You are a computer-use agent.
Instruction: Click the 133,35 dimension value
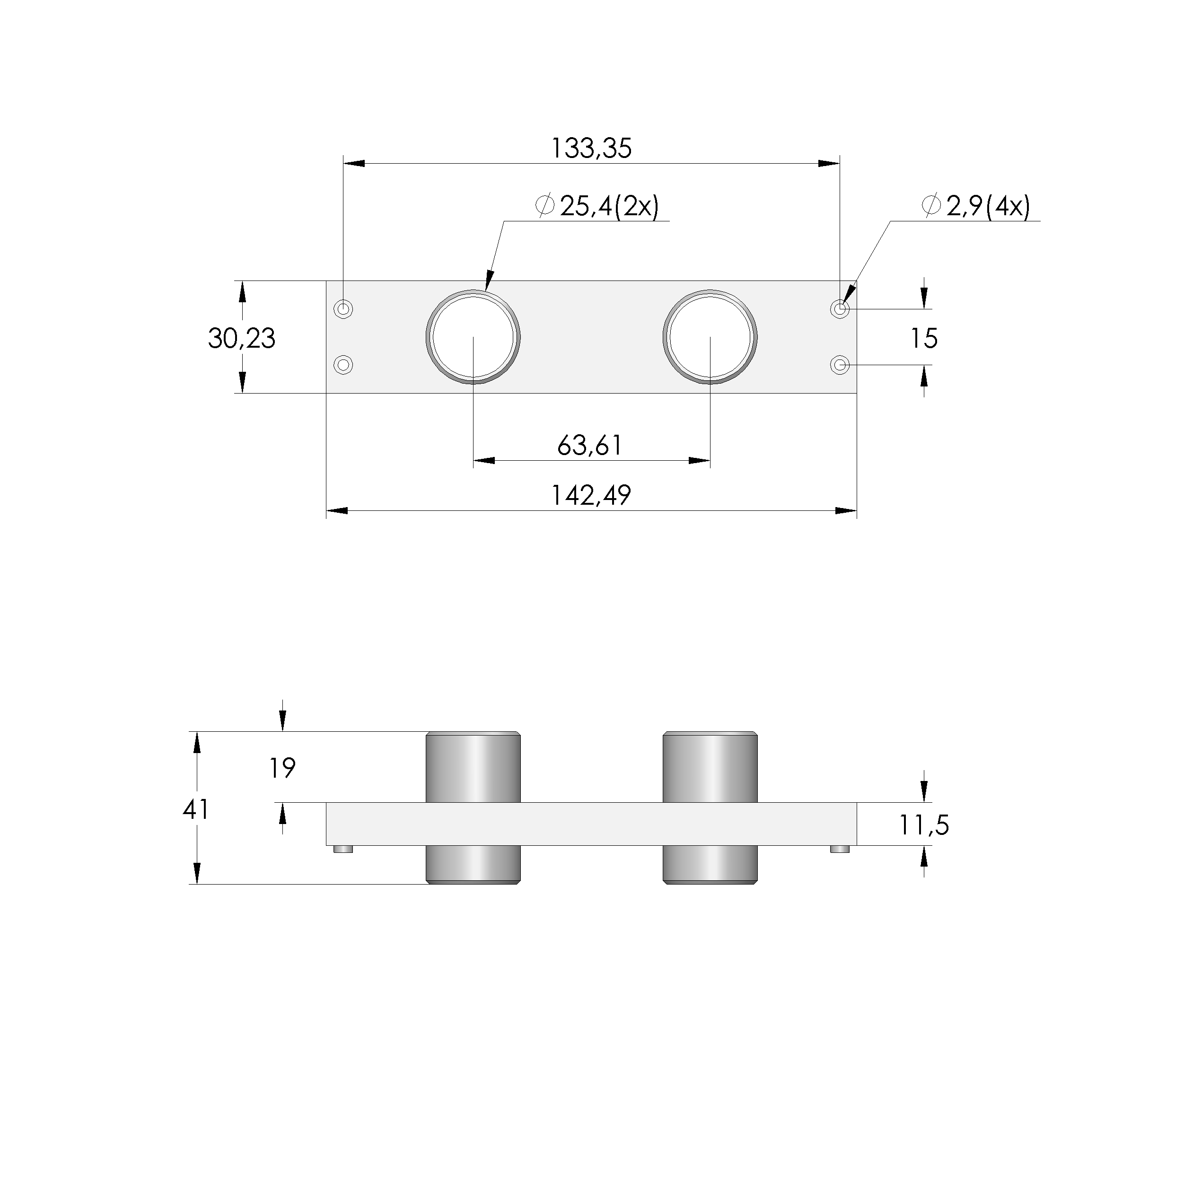(x=591, y=149)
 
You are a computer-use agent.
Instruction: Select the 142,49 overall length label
(x=591, y=495)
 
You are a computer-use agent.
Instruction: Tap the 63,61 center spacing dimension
(x=589, y=446)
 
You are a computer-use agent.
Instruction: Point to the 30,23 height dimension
(x=241, y=338)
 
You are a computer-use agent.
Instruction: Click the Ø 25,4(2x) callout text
(x=597, y=207)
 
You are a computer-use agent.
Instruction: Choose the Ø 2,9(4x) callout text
(x=976, y=207)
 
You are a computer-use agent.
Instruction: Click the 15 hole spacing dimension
(x=923, y=338)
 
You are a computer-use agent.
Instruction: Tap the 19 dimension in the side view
(x=282, y=768)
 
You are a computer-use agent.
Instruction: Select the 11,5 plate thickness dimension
(x=923, y=825)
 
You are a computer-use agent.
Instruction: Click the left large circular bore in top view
(x=473, y=337)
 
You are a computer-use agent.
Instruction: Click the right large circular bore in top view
(x=710, y=337)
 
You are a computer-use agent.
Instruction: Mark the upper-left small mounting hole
(x=344, y=309)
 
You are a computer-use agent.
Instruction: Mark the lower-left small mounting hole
(x=344, y=365)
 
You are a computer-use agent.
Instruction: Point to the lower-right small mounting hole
(x=840, y=365)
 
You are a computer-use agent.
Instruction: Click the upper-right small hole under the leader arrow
(x=840, y=309)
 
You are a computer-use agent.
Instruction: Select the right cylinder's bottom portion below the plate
(x=710, y=864)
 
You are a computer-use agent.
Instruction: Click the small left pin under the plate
(x=344, y=849)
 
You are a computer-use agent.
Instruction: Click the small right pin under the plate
(x=840, y=849)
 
